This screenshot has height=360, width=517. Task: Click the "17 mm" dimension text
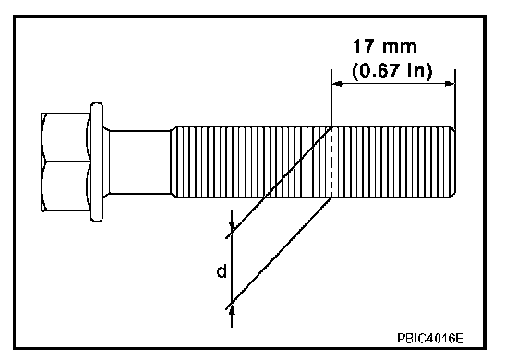click(385, 46)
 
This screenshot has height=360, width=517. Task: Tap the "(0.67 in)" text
click(391, 70)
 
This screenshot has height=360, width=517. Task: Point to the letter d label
click(222, 271)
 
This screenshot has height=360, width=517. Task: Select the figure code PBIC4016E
click(430, 338)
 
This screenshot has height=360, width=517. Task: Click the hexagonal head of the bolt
click(65, 162)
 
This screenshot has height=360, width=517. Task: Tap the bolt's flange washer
click(96, 162)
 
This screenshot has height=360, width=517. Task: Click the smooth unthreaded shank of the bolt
click(139, 162)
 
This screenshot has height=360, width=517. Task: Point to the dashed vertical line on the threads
click(331, 162)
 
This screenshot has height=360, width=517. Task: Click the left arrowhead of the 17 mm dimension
click(337, 84)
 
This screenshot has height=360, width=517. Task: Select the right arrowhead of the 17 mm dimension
click(450, 84)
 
